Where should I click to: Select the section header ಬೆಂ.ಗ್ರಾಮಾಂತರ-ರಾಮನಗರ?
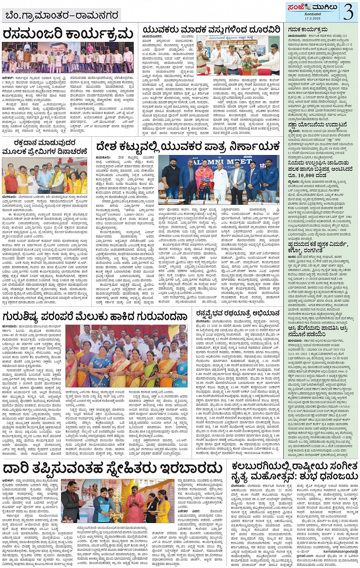coord(63,16)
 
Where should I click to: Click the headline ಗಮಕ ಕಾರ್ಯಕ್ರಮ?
coord(308,29)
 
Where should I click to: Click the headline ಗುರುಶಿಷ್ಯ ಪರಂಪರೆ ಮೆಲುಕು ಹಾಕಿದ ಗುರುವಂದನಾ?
coord(95,317)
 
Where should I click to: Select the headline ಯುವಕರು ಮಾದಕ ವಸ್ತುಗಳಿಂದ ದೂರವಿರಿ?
coord(211,29)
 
